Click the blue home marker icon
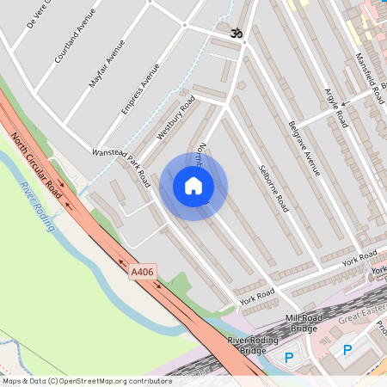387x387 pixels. click(x=193, y=186)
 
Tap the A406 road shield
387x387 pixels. click(x=143, y=273)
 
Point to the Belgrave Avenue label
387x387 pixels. click(x=304, y=148)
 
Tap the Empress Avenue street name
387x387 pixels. click(x=141, y=89)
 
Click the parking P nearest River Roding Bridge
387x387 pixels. click(x=289, y=357)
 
